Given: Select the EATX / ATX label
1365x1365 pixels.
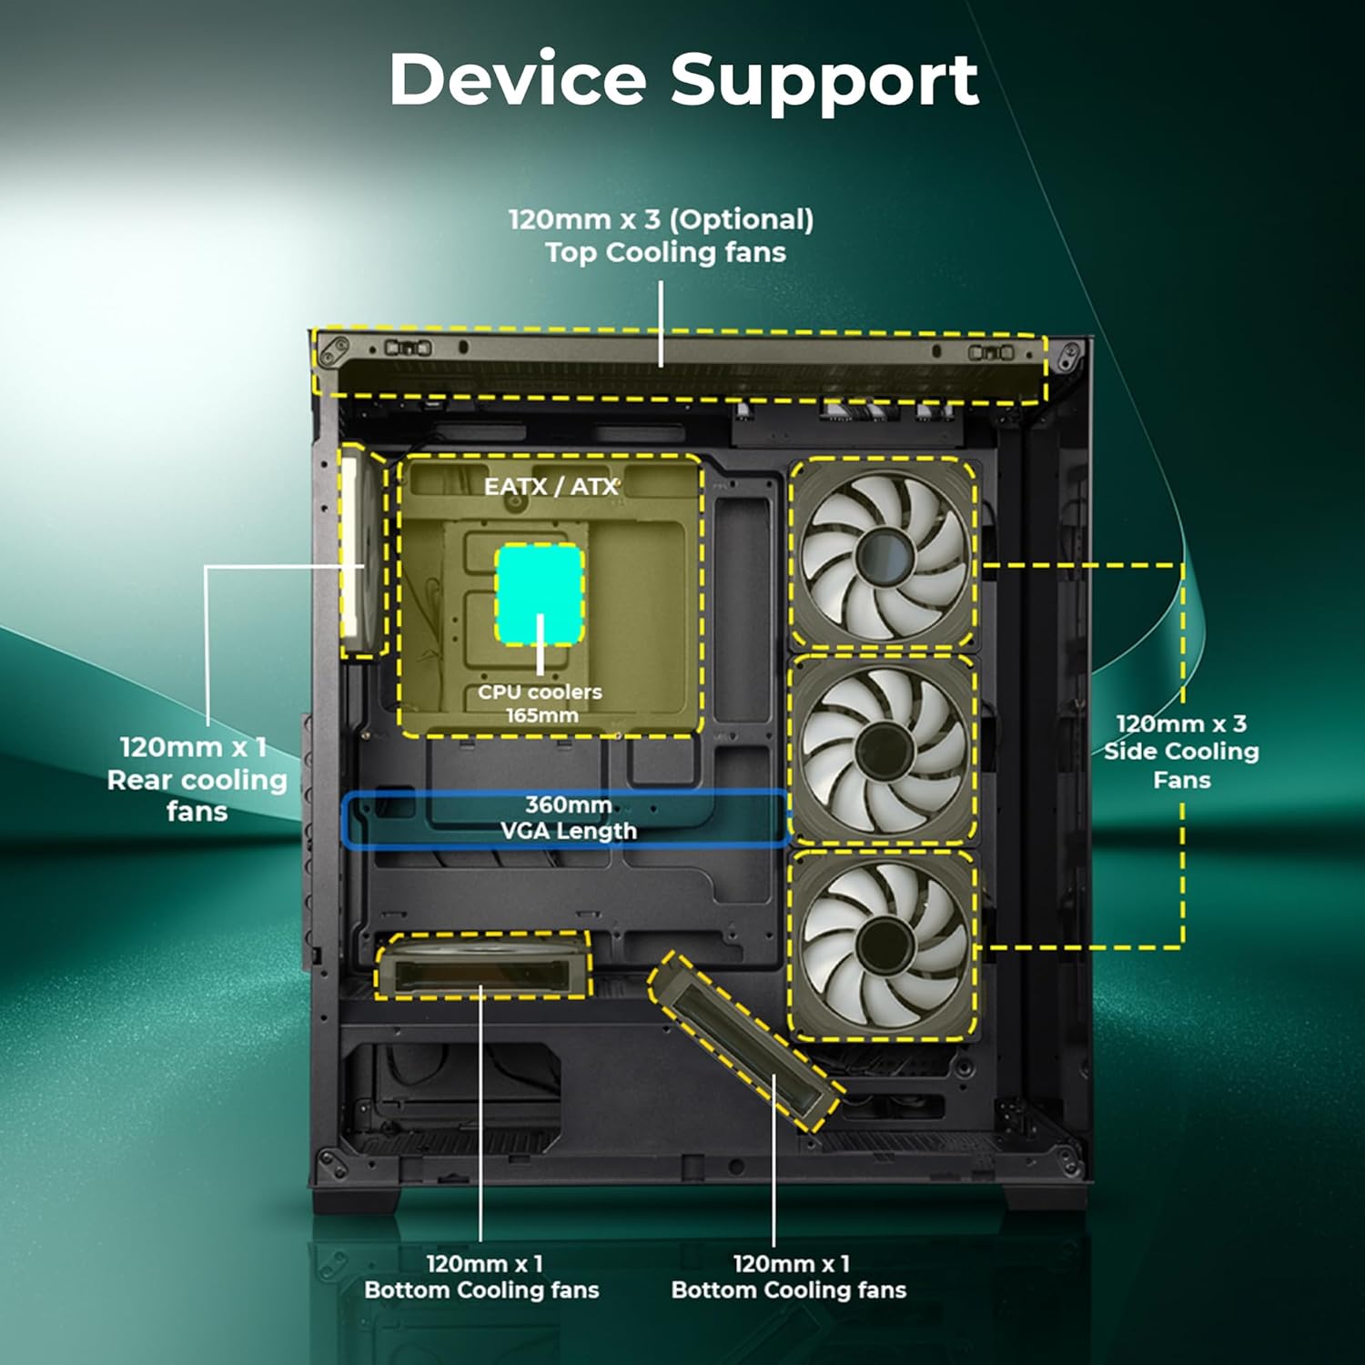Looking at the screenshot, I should (551, 487).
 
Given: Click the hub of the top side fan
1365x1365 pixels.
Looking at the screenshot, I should (882, 554).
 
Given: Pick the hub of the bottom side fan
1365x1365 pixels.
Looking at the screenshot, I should (882, 943).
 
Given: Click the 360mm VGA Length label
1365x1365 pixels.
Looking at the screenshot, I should (568, 817).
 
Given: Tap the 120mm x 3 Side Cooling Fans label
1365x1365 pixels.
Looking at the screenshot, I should (1181, 752).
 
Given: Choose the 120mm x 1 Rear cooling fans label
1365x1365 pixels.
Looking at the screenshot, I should (197, 779).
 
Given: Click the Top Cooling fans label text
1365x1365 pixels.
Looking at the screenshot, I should (665, 252).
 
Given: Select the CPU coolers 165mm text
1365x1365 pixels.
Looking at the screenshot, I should (541, 703).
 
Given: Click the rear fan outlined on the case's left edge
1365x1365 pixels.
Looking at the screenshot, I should (361, 551).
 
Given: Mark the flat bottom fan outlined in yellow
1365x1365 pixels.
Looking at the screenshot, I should (482, 966).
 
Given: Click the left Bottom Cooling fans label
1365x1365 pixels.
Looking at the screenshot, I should (481, 1277).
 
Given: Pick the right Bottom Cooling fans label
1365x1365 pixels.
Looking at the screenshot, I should (788, 1277).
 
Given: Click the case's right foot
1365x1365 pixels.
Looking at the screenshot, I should (1046, 1200).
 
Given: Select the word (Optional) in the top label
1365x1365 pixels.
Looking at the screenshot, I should (741, 219).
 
